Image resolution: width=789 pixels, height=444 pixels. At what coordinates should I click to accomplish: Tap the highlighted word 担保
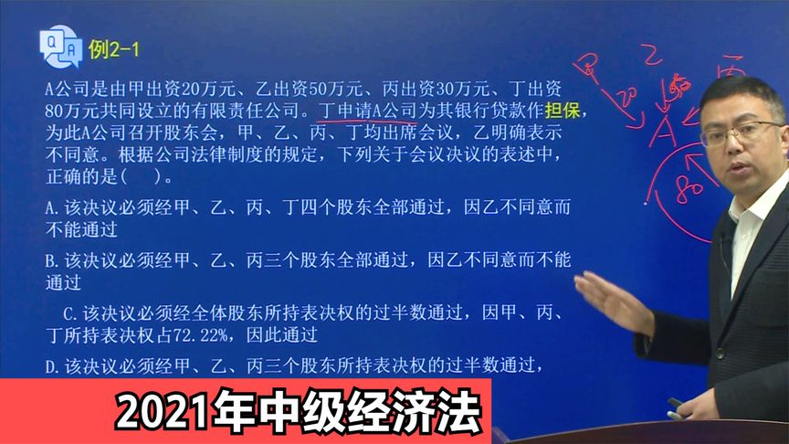pos(563,112)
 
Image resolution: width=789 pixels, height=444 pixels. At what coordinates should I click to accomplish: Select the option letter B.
pos(51,261)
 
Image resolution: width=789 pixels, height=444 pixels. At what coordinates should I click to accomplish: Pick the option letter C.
pos(68,313)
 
